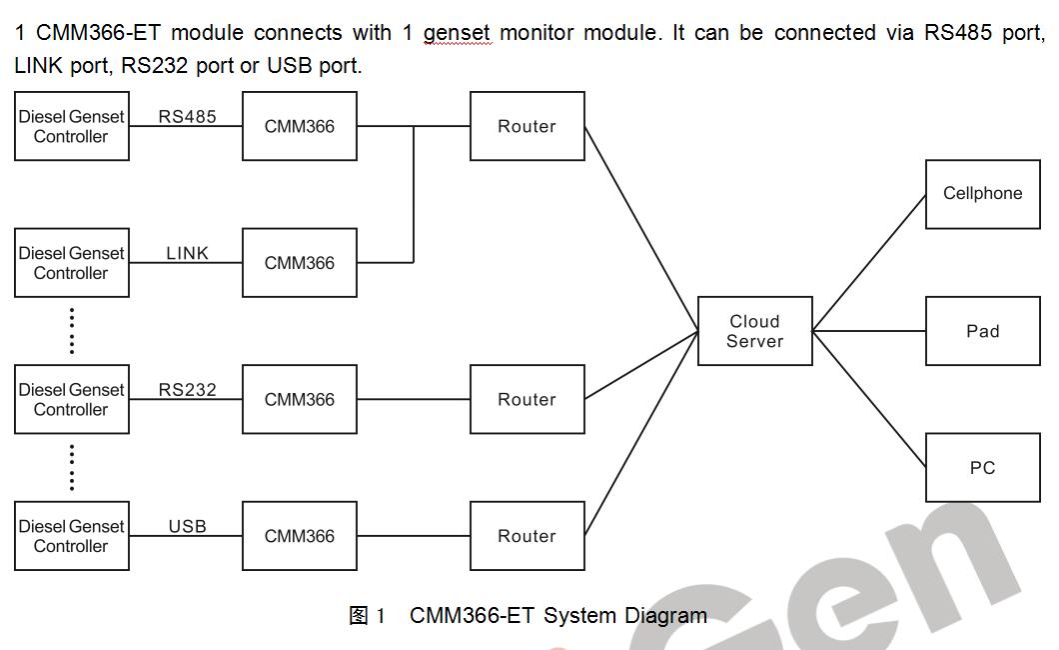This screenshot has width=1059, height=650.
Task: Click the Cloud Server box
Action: click(754, 331)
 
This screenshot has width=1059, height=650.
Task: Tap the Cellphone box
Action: click(982, 194)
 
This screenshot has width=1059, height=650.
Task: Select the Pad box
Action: click(982, 331)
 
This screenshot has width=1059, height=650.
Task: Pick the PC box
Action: click(982, 467)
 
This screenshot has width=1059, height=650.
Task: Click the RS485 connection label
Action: click(187, 116)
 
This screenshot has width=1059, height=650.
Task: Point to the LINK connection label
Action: click(187, 253)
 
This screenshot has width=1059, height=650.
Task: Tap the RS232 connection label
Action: click(187, 390)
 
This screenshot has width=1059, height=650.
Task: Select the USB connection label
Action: click(187, 526)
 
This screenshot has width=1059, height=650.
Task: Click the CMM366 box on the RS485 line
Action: click(299, 126)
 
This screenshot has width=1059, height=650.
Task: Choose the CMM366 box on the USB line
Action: click(299, 536)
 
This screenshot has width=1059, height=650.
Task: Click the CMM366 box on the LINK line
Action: click(299, 263)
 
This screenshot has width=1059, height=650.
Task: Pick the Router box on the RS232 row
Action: click(527, 399)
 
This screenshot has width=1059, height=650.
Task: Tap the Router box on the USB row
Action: click(527, 536)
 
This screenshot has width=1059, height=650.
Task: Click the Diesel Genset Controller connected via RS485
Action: click(71, 126)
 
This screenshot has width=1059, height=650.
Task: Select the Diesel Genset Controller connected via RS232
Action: click(71, 399)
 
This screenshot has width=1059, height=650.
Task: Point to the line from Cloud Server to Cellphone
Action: click(869, 263)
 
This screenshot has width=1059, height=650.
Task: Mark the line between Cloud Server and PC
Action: click(869, 400)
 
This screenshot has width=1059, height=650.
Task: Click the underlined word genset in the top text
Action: click(457, 33)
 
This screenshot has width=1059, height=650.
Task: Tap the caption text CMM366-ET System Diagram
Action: click(557, 616)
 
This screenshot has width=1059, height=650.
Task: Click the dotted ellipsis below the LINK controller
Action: click(72, 331)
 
